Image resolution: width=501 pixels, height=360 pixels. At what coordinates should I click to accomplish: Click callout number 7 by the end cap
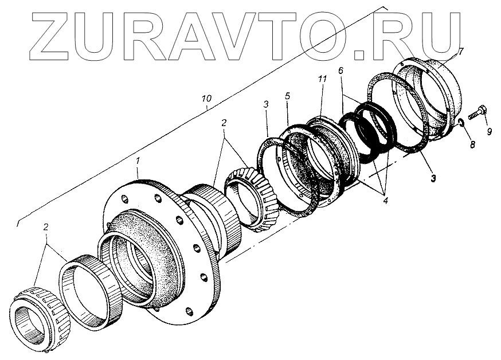pyautogui.click(x=461, y=52)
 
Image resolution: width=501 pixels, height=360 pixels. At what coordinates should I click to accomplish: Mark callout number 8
pyautogui.click(x=472, y=145)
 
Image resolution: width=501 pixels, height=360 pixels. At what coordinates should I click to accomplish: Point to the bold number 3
pyautogui.click(x=433, y=179)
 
